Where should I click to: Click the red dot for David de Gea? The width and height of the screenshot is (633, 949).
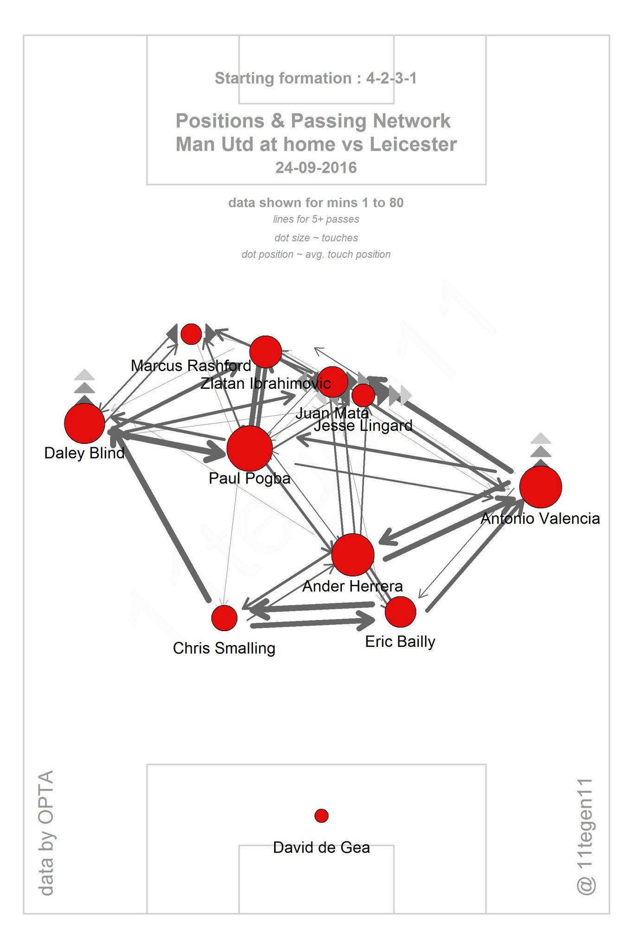coord(321,816)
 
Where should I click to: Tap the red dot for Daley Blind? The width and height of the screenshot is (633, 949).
coord(84,423)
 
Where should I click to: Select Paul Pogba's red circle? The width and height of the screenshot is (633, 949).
coord(249,449)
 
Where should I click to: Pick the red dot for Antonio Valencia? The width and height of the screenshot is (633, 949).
coord(541,487)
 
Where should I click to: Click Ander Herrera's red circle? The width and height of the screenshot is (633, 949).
coord(353,555)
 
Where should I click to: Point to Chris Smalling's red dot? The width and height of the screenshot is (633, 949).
coord(224,618)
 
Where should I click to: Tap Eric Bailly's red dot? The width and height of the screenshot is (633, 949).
coord(401,612)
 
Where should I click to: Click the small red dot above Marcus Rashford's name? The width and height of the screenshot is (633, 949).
coord(191,334)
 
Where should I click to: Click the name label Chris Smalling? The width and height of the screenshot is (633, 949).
coord(224,648)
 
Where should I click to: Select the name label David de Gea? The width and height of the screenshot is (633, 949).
coord(321,848)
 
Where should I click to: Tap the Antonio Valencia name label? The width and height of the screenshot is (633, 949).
coord(540,519)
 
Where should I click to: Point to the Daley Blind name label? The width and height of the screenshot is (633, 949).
coord(84,453)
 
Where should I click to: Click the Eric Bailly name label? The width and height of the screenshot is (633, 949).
coord(400,642)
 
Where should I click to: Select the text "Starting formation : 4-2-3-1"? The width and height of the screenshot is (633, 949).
coord(316,78)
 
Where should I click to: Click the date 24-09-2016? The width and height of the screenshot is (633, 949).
coord(316,168)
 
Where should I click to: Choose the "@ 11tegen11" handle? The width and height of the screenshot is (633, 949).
coord(585,836)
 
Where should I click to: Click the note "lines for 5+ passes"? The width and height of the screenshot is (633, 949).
coord(316,219)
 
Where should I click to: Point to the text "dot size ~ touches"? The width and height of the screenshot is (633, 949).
coord(316,238)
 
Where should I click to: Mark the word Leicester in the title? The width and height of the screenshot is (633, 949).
coord(413,145)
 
